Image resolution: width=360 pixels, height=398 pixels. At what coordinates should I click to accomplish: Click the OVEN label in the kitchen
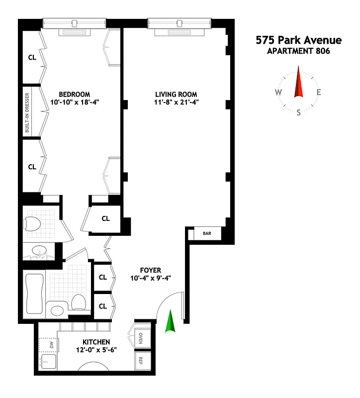[x=141, y=338]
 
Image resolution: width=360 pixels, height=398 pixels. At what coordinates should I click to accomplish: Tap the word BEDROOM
[x=75, y=95]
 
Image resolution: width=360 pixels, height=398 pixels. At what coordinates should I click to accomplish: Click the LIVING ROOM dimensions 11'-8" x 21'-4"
[x=176, y=103]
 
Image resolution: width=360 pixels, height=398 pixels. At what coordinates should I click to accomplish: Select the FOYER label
[x=151, y=270]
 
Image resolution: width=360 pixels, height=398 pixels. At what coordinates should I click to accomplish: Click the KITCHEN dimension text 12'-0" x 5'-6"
[x=93, y=350]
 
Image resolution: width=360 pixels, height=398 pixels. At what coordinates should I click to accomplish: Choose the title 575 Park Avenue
[x=299, y=40]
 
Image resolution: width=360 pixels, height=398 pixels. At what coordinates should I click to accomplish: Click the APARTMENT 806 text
[x=299, y=50]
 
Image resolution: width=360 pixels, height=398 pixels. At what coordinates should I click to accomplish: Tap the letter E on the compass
[x=319, y=92]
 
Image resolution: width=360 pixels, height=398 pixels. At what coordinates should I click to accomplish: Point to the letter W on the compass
[x=278, y=93]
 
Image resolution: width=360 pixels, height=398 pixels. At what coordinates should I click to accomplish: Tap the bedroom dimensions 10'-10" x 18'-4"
[x=75, y=103]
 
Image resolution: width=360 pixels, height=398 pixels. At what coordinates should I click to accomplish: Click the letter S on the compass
[x=299, y=112]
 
